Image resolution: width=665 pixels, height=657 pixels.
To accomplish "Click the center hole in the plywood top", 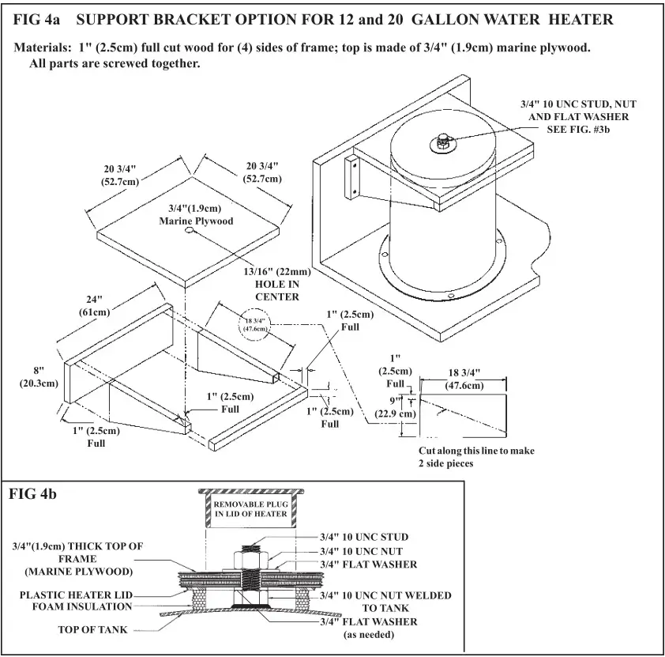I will [190, 232].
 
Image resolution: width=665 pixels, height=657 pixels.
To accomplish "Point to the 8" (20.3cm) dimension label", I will [39, 377].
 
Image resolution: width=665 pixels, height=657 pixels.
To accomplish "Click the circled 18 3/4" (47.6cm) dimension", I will [255, 324].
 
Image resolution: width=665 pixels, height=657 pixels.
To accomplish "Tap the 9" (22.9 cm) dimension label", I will [396, 407].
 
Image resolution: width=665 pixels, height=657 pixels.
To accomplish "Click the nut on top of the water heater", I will [440, 143].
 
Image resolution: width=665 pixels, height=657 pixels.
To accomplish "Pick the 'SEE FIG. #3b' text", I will [578, 130].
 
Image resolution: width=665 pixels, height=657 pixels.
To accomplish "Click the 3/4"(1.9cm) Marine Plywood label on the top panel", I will [196, 214].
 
